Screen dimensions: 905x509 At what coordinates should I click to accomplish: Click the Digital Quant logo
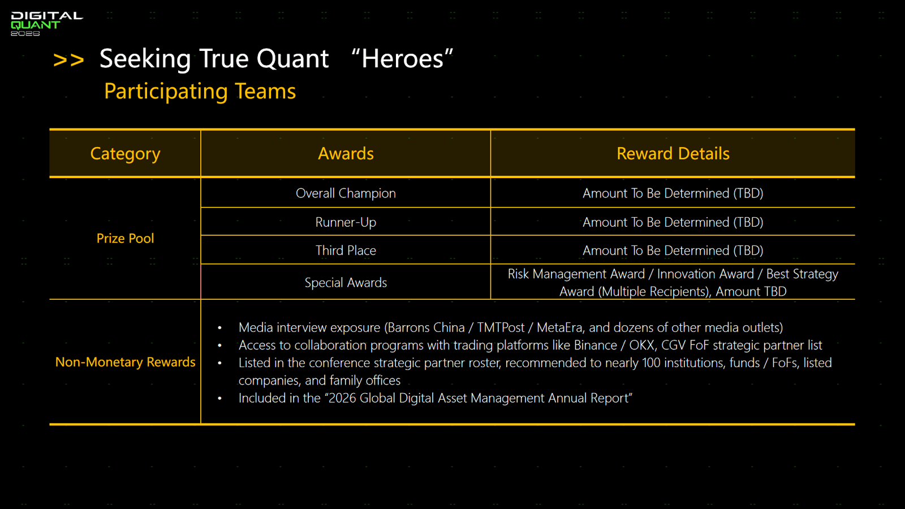[46, 24]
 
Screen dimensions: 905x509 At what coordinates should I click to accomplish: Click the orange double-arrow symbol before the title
[68, 60]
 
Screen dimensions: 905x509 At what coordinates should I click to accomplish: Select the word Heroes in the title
[402, 59]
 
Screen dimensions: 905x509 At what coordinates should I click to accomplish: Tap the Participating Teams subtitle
[200, 91]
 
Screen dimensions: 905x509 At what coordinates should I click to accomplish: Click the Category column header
[125, 153]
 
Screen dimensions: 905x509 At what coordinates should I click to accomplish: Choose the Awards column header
[346, 153]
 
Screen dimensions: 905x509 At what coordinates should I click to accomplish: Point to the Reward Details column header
[673, 153]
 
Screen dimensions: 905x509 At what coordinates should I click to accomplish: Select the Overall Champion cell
[346, 193]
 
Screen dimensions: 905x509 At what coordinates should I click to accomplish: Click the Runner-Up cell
[346, 222]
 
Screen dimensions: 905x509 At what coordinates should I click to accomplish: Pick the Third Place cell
[346, 251]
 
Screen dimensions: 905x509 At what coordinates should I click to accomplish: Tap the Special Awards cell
[346, 282]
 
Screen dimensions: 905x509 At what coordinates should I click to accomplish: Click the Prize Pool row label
[125, 238]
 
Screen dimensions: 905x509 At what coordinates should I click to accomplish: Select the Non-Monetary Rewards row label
[125, 362]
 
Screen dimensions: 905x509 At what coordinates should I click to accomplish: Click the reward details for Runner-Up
[673, 222]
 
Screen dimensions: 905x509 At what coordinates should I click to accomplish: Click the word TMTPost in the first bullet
[501, 327]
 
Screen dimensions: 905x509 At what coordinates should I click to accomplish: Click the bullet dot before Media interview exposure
[220, 327]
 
